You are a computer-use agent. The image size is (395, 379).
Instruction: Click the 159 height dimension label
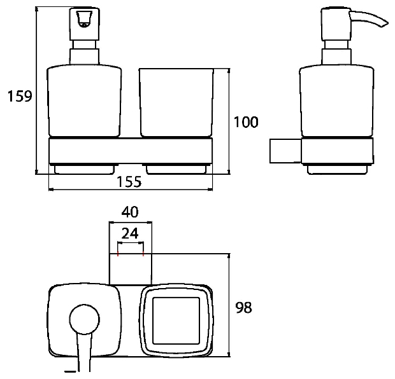20,96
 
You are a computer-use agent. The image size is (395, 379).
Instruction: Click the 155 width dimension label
129,182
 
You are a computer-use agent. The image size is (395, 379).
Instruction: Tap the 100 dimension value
246,122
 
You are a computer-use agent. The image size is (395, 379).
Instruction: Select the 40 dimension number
130,212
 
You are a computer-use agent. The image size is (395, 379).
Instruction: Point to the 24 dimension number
130,233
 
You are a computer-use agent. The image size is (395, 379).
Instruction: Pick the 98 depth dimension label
243,308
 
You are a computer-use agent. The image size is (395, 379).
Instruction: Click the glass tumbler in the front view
176,102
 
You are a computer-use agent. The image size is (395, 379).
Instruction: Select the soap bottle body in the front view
84,101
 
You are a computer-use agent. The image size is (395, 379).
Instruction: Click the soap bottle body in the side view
337,101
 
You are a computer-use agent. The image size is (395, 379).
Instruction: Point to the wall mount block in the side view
285,151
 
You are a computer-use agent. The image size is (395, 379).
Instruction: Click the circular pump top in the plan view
84,320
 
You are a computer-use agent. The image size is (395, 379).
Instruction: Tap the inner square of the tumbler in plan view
176,321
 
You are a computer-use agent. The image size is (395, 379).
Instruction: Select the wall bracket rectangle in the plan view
131,270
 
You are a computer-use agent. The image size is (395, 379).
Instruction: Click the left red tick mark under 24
118,254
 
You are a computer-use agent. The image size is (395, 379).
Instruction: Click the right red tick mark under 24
143,254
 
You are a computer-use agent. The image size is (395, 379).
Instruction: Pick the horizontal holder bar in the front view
131,151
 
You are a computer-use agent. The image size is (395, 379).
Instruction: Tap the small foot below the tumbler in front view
176,170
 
